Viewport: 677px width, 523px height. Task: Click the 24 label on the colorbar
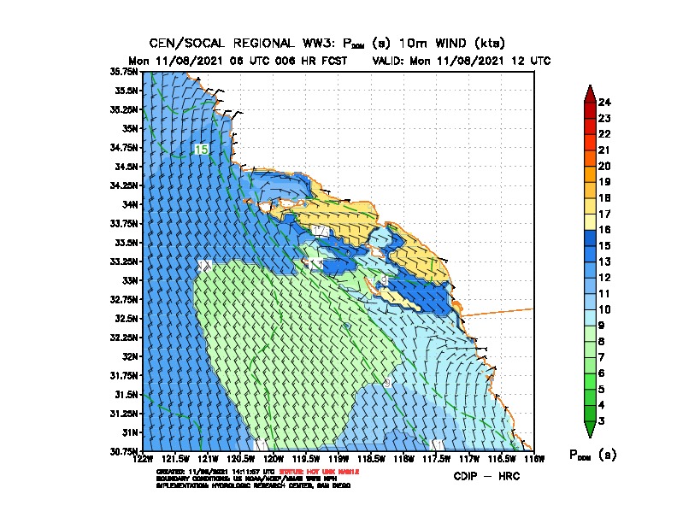[x=604, y=103]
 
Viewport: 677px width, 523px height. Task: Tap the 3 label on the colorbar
[x=604, y=420]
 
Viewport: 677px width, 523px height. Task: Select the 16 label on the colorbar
[x=604, y=229]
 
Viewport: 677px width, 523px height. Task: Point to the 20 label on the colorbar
[x=604, y=166]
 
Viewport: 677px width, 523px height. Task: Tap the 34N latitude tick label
[x=130, y=204]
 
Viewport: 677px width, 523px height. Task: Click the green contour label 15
[x=201, y=150]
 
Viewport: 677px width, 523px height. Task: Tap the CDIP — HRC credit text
[x=486, y=475]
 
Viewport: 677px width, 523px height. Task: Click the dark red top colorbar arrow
[x=590, y=93]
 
